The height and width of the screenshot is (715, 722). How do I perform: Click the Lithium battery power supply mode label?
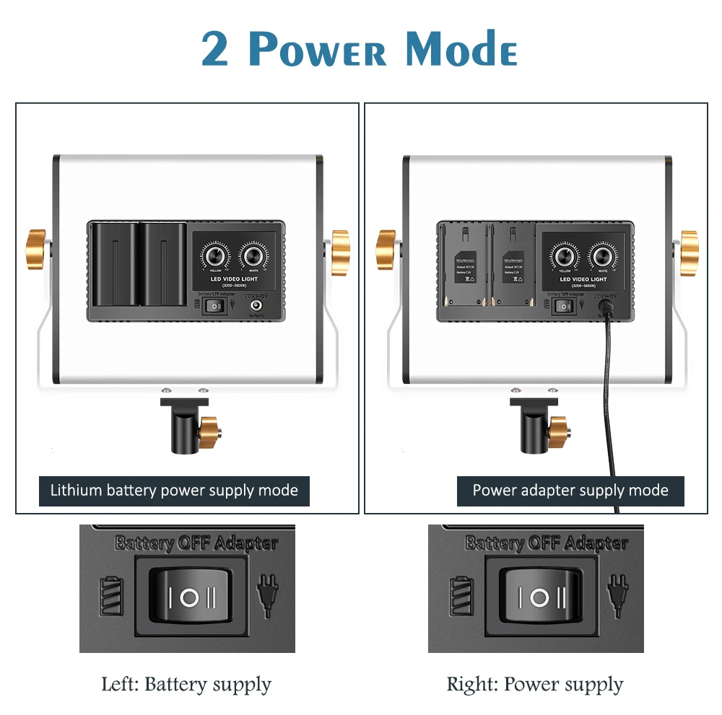[174, 491]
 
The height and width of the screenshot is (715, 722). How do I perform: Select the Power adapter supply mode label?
[570, 491]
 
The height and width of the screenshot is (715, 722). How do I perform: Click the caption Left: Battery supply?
[186, 684]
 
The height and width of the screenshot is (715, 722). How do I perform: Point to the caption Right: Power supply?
[535, 684]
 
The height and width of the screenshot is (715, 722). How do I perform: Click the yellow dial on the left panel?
[215, 257]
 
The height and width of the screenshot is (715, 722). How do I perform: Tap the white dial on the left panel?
[253, 257]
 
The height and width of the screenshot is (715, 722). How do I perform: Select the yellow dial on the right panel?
[565, 257]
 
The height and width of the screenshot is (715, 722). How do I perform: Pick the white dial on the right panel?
[602, 257]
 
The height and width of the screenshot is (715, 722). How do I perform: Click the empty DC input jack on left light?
[255, 306]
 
